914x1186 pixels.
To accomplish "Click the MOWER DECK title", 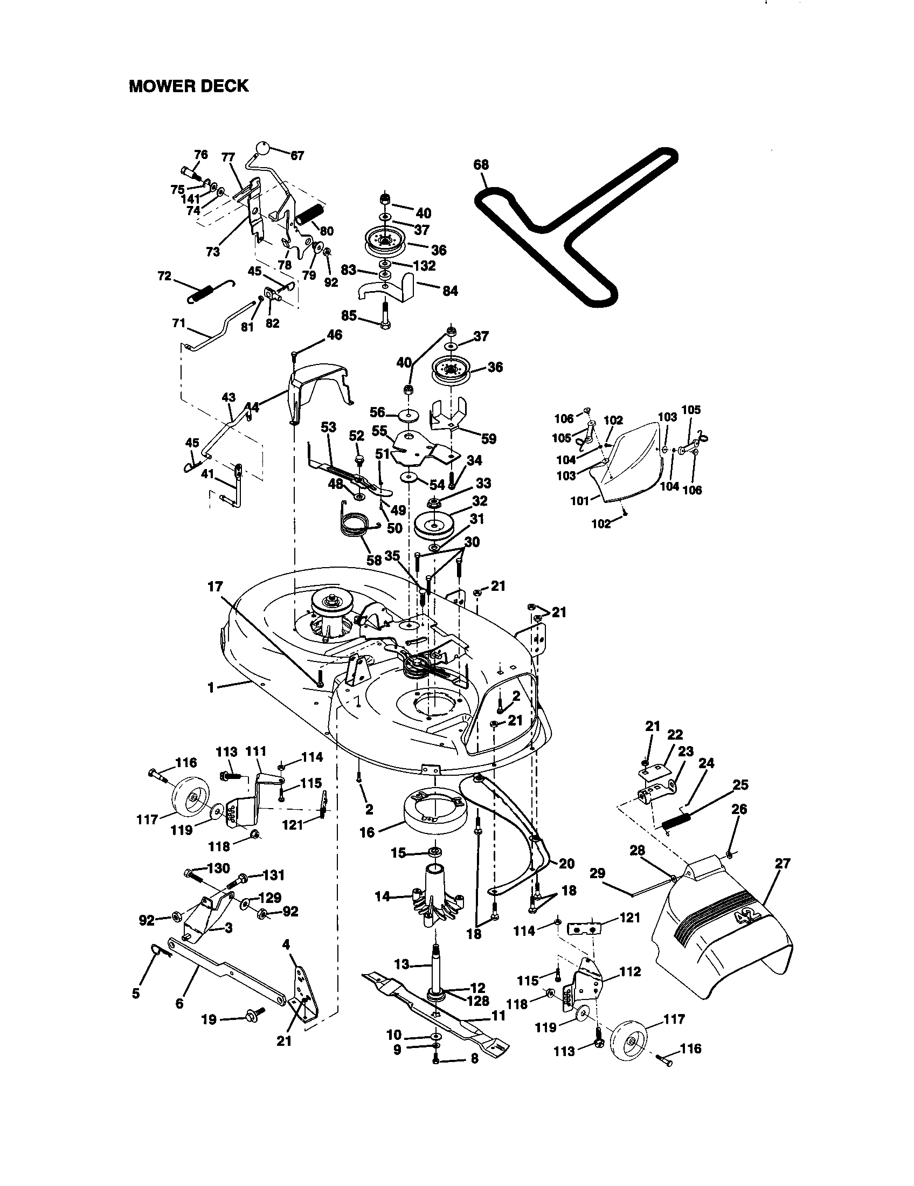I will coord(188,86).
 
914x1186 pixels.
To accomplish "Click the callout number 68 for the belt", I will coord(481,164).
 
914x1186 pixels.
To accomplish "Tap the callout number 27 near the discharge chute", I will coord(783,863).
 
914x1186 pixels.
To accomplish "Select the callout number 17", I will coord(215,587).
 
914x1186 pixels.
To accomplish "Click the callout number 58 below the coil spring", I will coord(373,560).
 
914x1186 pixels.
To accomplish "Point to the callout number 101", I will coord(580,501).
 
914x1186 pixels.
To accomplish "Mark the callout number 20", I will coord(566,864).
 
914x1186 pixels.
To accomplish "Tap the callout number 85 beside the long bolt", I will coord(349,315).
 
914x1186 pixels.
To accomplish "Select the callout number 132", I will coord(424,266).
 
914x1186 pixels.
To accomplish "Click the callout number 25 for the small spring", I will coord(740,785).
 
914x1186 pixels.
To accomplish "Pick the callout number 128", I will coord(477,1000).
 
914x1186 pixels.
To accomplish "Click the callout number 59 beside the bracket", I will coord(488,438).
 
